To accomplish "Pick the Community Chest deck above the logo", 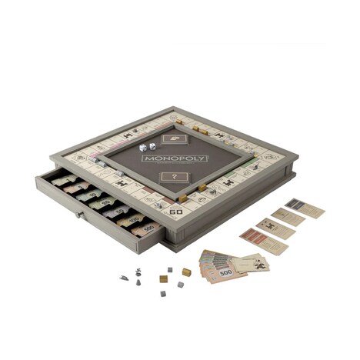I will point(176,135).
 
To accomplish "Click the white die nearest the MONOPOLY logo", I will point(152,147).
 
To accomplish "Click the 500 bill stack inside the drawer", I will point(148,227).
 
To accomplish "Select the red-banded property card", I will point(258,235).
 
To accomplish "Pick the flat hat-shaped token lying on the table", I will point(124,278).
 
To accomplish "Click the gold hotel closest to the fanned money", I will point(186,272).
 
